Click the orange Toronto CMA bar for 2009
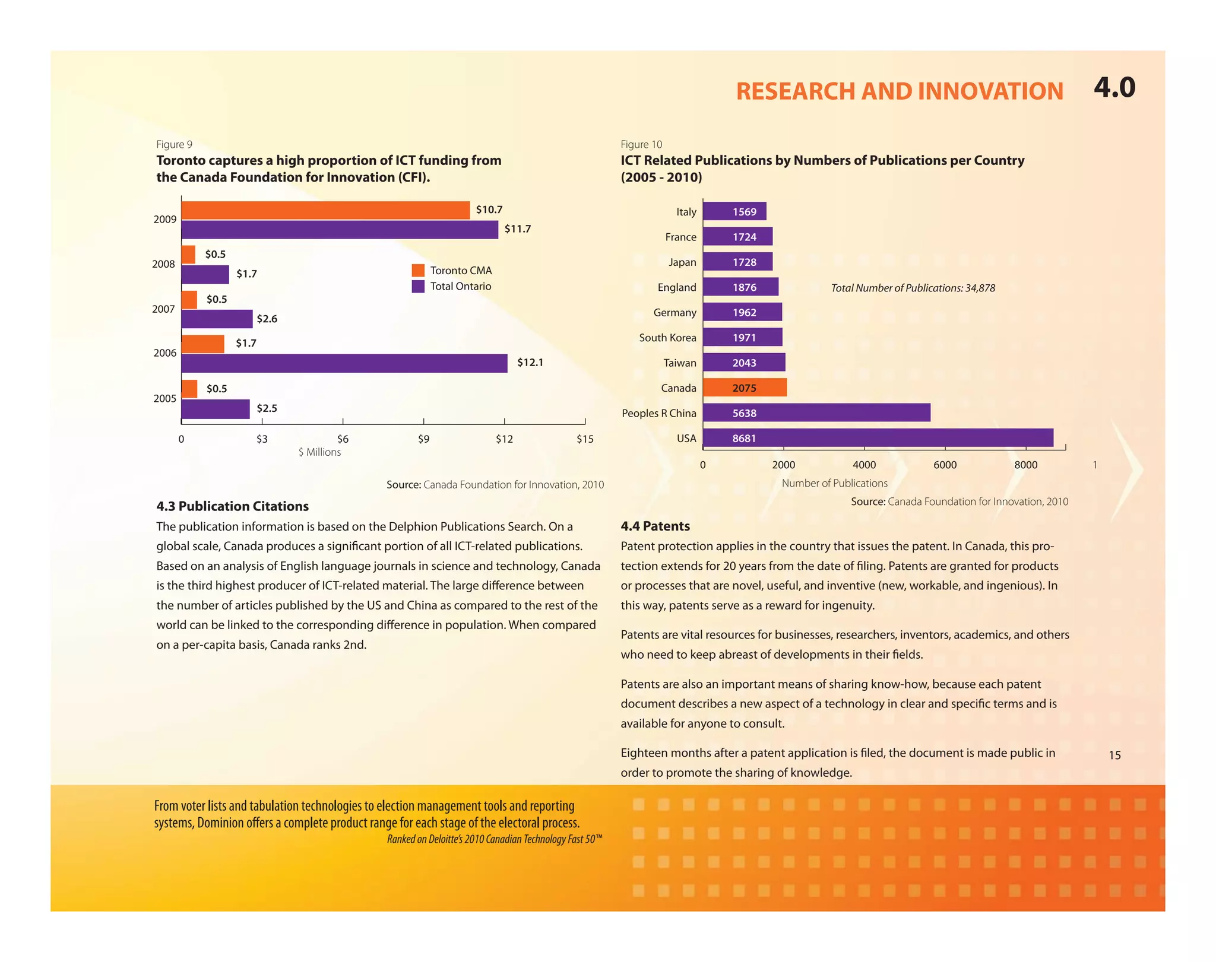(325, 210)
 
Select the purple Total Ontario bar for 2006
(344, 363)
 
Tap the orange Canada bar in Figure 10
(745, 388)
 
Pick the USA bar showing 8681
(878, 438)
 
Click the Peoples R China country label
(658, 413)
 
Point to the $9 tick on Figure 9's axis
(423, 439)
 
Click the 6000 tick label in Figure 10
(945, 465)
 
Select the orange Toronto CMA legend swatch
(418, 271)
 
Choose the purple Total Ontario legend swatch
(418, 287)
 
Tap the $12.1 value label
(530, 362)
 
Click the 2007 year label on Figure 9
(163, 309)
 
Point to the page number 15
(1114, 755)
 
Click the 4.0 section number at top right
(1114, 88)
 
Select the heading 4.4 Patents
(655, 526)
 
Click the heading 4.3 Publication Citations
(232, 506)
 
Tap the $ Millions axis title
(319, 452)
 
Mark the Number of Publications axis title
(834, 483)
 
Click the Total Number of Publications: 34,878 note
(913, 288)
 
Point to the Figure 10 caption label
(641, 144)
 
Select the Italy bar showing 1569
(734, 211)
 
